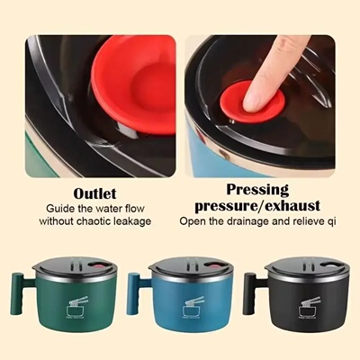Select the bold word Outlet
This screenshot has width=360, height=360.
(95, 193)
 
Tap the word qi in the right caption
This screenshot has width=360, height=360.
(334, 221)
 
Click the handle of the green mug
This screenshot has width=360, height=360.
(18, 292)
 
